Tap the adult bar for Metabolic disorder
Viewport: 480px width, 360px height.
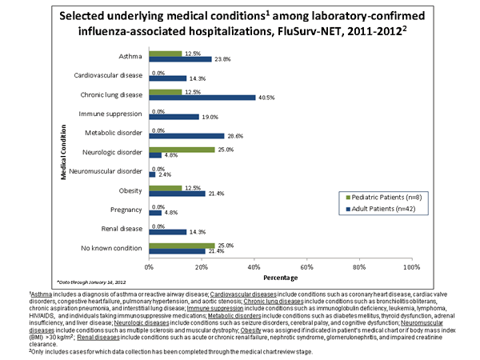(x=186, y=136)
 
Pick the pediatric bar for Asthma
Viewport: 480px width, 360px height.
(x=164, y=54)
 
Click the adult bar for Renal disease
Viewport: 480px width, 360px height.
(x=166, y=232)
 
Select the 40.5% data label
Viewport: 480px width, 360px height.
(x=266, y=98)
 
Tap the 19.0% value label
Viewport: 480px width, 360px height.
(x=210, y=117)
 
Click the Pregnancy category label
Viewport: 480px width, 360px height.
(x=126, y=210)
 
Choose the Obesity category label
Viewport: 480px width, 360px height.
(x=130, y=190)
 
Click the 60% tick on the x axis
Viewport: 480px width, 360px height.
(x=306, y=265)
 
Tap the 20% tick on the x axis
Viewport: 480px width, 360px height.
(x=201, y=265)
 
